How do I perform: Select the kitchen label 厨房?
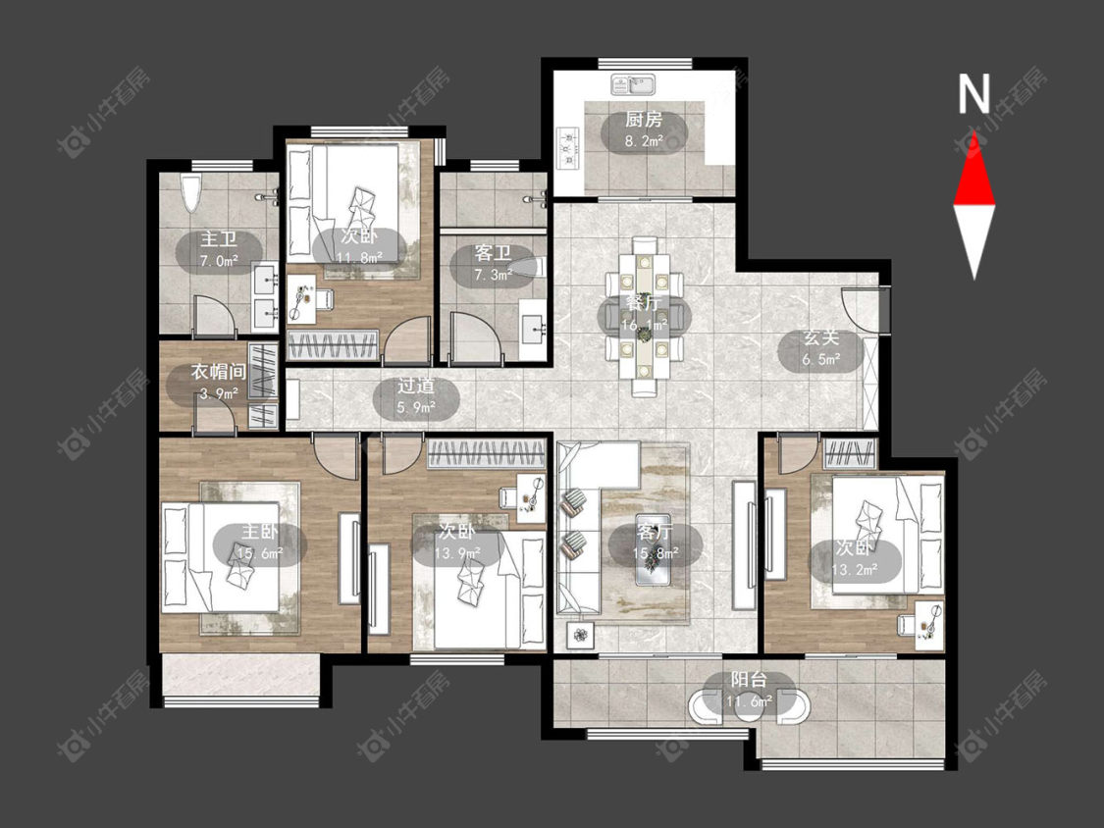click(x=644, y=120)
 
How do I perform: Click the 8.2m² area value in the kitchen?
click(x=644, y=141)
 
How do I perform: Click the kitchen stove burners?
click(x=566, y=147)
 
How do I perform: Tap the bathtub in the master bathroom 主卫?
click(x=190, y=192)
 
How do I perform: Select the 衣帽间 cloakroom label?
click(x=218, y=372)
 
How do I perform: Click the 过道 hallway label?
click(x=415, y=386)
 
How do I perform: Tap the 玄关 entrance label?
click(x=821, y=337)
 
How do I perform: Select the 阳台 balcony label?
click(x=749, y=680)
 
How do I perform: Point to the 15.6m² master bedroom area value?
click(x=259, y=554)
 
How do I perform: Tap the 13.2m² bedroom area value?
click(x=854, y=569)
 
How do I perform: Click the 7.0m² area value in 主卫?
click(x=218, y=262)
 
